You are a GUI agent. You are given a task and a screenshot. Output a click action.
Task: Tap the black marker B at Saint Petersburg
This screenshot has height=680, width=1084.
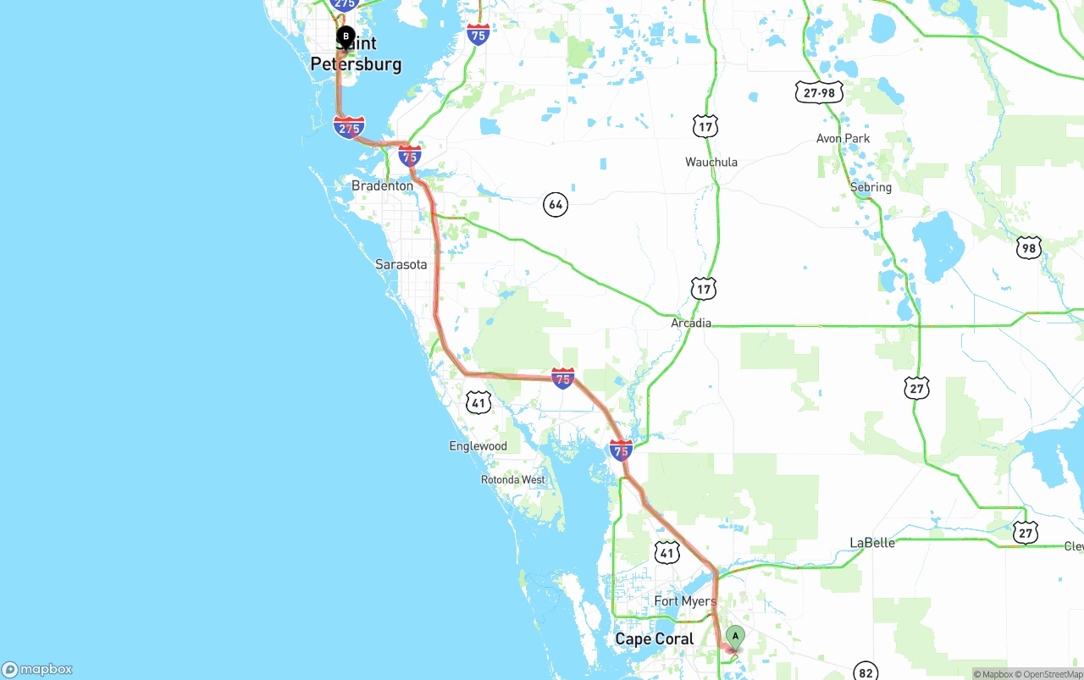tap(346, 36)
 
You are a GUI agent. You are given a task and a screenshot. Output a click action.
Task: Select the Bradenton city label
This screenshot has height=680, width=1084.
tap(382, 185)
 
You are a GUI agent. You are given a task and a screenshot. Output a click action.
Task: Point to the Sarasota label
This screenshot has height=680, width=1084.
tap(401, 264)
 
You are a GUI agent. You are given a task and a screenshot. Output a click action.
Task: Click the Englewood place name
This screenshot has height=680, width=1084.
tap(478, 446)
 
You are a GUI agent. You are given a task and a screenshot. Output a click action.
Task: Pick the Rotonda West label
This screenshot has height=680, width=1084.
tap(513, 479)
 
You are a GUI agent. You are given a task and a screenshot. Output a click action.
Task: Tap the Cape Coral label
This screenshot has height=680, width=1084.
tap(654, 639)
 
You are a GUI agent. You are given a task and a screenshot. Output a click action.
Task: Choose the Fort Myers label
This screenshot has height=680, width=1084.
tap(685, 601)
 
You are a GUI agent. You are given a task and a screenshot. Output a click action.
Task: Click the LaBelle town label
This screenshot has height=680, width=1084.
tap(871, 543)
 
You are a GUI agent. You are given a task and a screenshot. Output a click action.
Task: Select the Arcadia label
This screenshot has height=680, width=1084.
tap(691, 323)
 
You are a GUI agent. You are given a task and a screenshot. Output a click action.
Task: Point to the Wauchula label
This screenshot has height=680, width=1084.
tap(711, 162)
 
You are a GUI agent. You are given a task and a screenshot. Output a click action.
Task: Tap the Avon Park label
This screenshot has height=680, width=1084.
tap(843, 138)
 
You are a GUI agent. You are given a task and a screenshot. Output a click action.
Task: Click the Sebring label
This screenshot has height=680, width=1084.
tap(871, 187)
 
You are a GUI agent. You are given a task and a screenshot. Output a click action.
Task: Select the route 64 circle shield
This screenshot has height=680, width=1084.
tap(555, 204)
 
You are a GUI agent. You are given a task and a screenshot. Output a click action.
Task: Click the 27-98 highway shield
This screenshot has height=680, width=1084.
tap(819, 92)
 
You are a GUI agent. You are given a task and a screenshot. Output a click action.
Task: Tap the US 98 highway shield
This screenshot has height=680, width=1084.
tap(1028, 247)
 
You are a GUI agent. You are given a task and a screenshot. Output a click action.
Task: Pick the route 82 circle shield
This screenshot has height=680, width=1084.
tap(865, 672)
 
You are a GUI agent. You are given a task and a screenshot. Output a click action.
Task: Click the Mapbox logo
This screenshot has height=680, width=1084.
tap(37, 669)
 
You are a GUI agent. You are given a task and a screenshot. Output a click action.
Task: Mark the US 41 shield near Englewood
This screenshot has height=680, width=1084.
tap(478, 402)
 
